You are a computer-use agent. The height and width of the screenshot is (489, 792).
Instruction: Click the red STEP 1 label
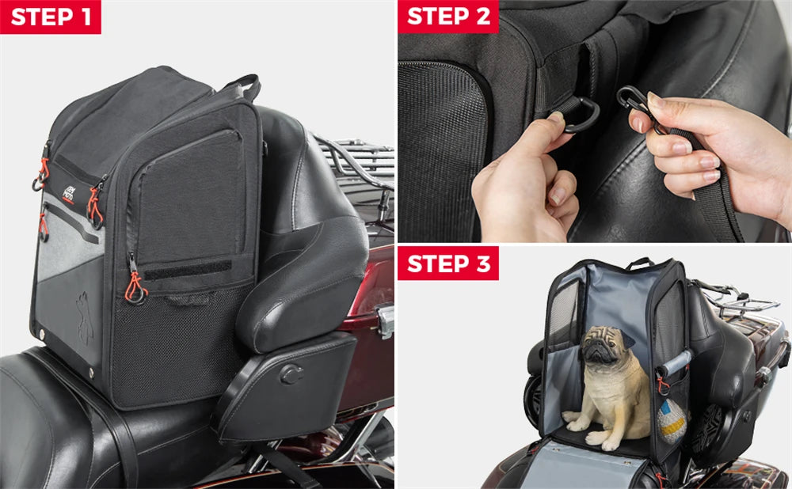click(51, 17)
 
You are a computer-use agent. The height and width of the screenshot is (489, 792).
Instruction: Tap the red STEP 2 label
click(448, 17)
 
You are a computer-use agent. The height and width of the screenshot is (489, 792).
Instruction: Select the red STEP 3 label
click(448, 263)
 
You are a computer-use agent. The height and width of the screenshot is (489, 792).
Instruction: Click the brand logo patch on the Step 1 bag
click(68, 197)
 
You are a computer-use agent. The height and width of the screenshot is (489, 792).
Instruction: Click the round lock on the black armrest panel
click(291, 373)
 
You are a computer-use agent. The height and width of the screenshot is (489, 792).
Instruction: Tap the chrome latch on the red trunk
click(386, 320)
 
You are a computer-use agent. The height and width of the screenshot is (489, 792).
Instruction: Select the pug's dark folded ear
click(626, 338)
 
